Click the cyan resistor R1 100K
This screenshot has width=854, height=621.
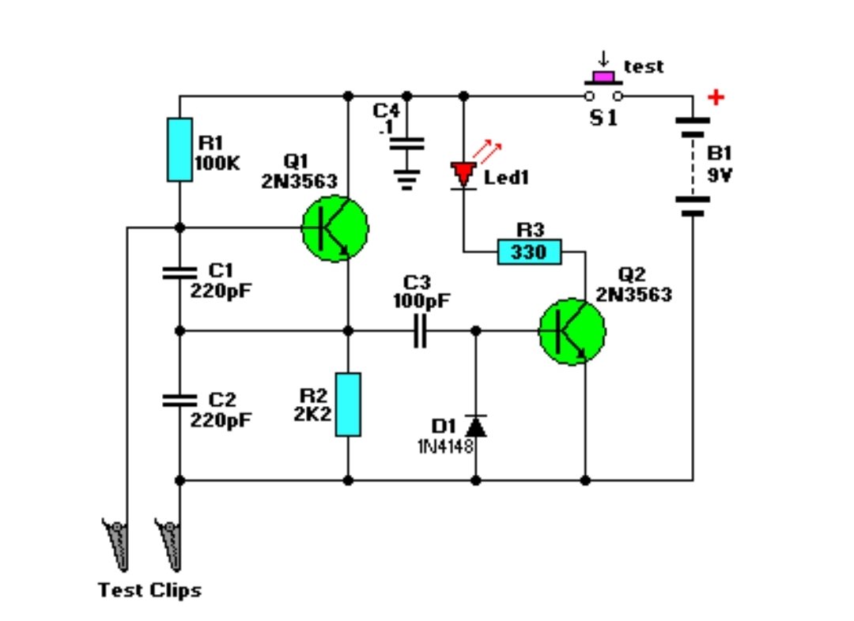coord(179,149)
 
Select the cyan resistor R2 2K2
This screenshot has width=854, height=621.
coord(348,405)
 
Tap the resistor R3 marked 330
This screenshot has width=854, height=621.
coord(530,253)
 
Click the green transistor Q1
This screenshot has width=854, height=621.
coord(334,228)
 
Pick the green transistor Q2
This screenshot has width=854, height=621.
coord(572,332)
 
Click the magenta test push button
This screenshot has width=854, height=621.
coord(604,77)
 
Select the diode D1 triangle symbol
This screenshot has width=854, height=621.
coord(475,427)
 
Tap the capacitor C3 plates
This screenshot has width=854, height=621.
coord(419,332)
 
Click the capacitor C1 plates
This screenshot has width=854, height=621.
coord(179,273)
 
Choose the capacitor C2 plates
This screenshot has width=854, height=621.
coord(179,401)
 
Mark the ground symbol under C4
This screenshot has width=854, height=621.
coord(407,181)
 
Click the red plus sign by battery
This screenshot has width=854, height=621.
coord(716,98)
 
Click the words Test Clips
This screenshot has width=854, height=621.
coord(149,590)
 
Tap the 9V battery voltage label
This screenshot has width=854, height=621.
coord(720,176)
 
